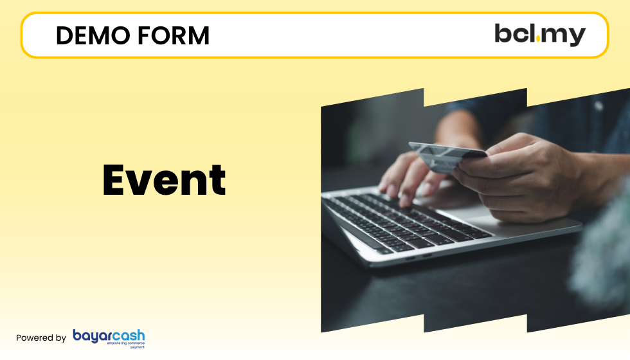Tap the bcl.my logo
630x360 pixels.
click(x=539, y=35)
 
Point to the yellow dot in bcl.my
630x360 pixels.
click(x=537, y=41)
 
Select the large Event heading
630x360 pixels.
click(x=164, y=180)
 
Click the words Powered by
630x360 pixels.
click(x=40, y=338)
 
